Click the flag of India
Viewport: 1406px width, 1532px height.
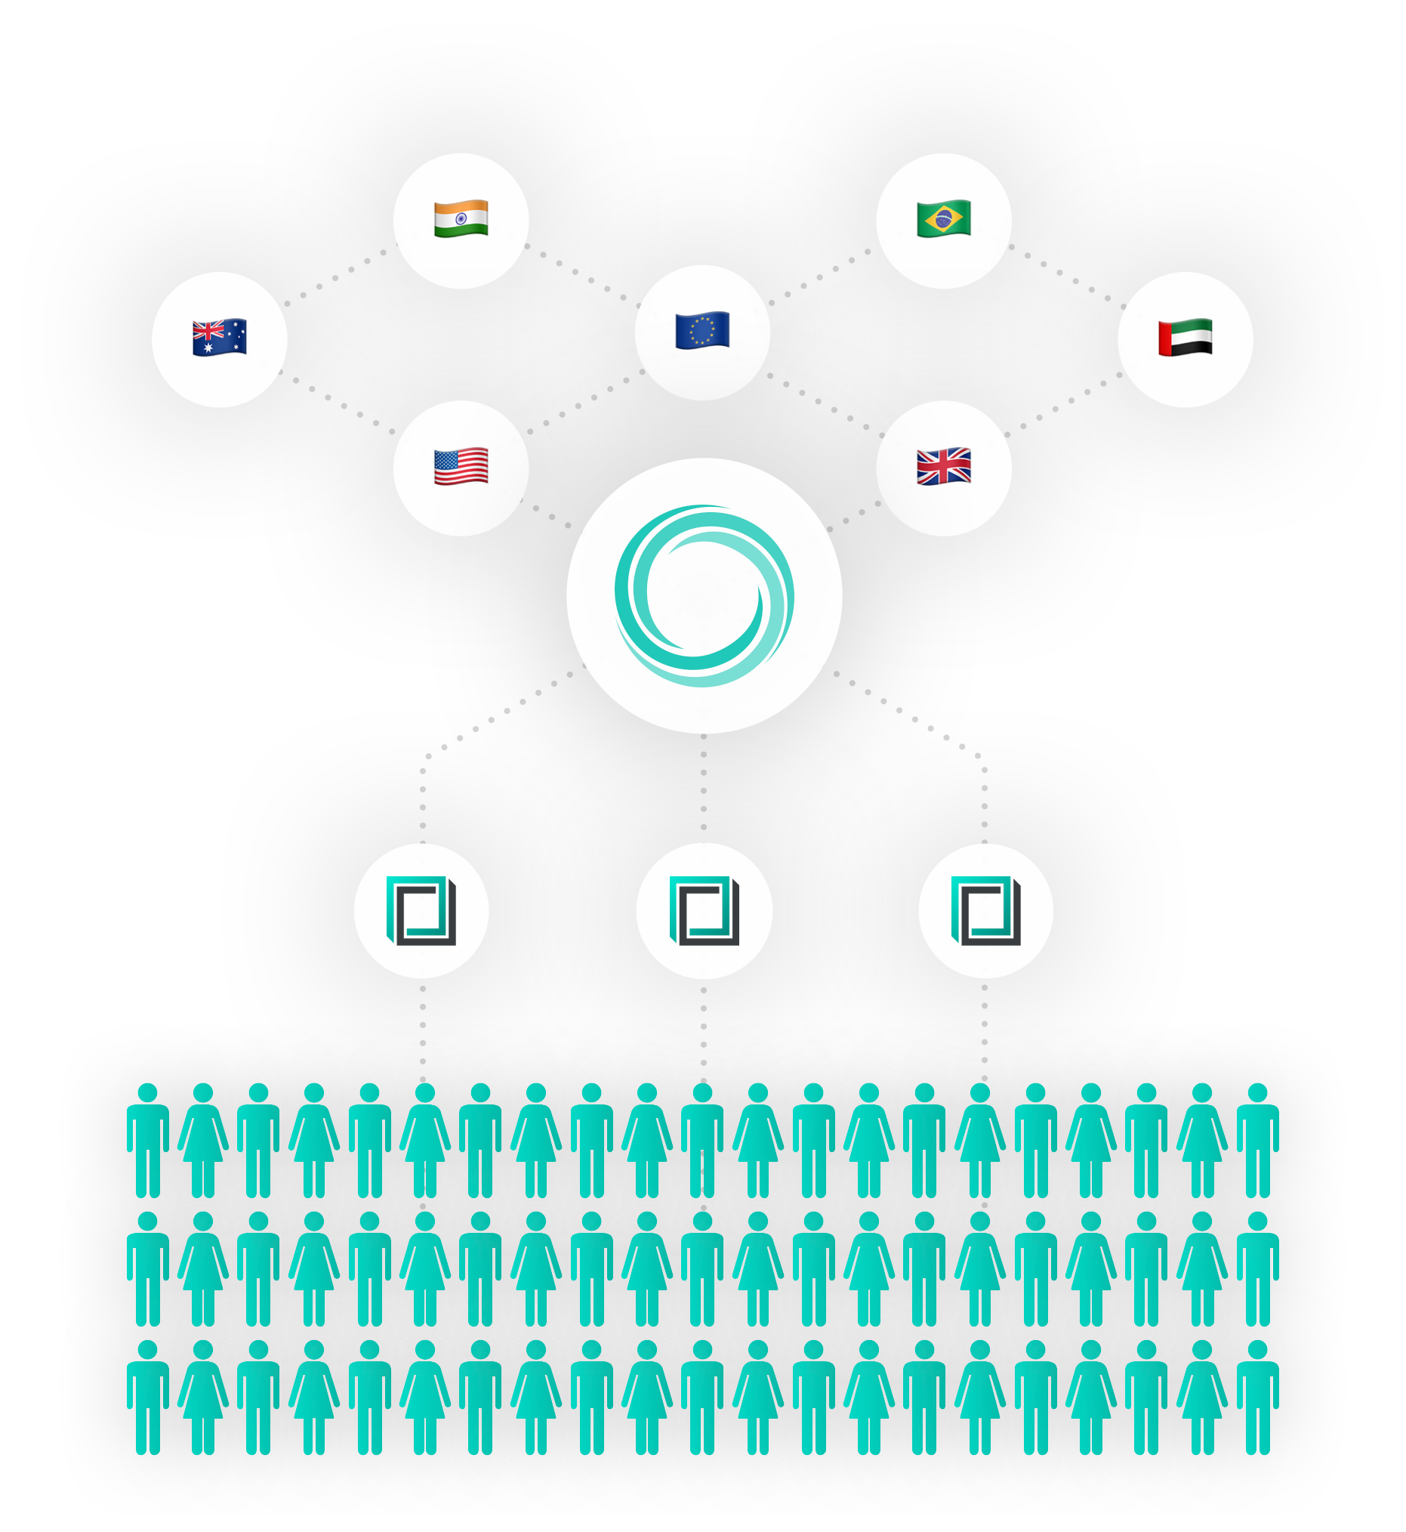[461, 219]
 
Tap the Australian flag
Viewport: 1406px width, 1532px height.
[219, 338]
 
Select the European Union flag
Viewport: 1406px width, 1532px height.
[702, 331]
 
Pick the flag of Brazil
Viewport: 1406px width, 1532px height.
[943, 219]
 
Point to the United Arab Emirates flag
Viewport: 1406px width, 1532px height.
[1185, 338]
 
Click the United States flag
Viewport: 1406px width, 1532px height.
[461, 467]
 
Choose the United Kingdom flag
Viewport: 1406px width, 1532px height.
[943, 467]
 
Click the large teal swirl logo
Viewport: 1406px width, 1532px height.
[704, 595]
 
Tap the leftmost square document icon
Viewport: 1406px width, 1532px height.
[421, 910]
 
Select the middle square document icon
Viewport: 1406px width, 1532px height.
[704, 910]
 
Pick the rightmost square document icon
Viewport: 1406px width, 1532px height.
[985, 910]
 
